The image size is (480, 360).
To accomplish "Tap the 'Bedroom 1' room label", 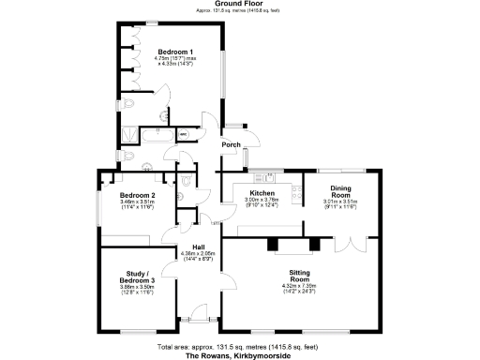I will tap(175, 51).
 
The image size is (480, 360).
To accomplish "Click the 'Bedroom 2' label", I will tap(137, 194).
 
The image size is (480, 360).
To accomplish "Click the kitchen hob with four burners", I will tap(296, 194).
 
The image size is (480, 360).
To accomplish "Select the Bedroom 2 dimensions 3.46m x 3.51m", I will tap(137, 203).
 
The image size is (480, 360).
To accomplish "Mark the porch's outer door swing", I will tap(246, 153).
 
